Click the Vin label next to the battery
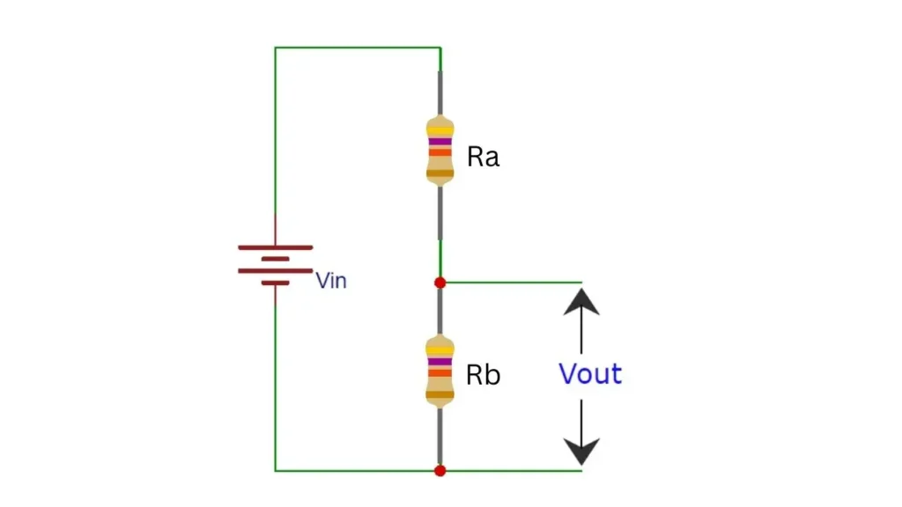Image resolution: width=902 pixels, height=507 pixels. click(x=331, y=281)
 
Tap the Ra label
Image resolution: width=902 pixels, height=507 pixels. click(x=483, y=158)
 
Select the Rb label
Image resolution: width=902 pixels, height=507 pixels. click(x=483, y=375)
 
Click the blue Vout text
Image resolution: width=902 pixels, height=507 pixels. click(x=590, y=374)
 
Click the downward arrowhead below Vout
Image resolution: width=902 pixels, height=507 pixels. click(x=581, y=451)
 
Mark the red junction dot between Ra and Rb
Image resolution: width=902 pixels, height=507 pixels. click(x=440, y=283)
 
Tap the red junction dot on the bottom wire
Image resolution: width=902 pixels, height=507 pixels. click(x=440, y=471)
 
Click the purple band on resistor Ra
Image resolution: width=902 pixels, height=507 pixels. click(x=440, y=141)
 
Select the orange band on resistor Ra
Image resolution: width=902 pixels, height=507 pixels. click(x=440, y=152)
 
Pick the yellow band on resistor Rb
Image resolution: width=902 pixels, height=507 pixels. click(x=440, y=350)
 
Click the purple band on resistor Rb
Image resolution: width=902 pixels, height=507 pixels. click(x=440, y=361)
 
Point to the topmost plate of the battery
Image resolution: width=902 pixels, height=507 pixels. click(x=275, y=247)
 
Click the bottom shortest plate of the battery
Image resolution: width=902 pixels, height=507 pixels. click(x=275, y=283)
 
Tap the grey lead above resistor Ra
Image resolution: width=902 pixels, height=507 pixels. click(x=440, y=92)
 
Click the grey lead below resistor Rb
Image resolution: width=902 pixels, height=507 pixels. click(x=440, y=436)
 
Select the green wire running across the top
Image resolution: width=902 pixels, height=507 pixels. click(x=357, y=48)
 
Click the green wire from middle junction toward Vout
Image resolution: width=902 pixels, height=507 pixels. click(x=511, y=283)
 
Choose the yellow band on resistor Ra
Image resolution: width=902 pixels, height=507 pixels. click(x=440, y=130)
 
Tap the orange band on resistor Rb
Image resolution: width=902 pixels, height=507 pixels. click(x=440, y=373)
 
